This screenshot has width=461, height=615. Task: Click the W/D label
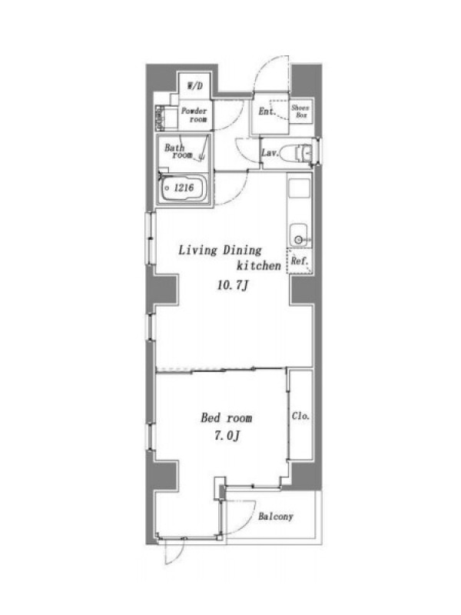195,85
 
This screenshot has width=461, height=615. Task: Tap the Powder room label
194,115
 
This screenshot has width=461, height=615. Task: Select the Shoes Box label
300,111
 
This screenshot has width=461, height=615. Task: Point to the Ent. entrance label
267,111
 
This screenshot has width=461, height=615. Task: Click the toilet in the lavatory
297,152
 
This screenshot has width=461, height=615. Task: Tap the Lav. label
270,152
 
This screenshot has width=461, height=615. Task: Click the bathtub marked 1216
183,188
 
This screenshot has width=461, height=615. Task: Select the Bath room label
179,151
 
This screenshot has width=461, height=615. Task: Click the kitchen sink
299,234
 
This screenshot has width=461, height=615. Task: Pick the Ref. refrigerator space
300,261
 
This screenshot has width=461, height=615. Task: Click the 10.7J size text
233,285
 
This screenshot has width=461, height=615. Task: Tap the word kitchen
259,265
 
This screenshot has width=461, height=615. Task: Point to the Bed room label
226,417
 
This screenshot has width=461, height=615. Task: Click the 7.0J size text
227,435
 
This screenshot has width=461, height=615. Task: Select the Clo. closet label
300,416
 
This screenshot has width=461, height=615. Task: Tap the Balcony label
276,516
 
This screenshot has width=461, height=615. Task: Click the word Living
198,251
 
